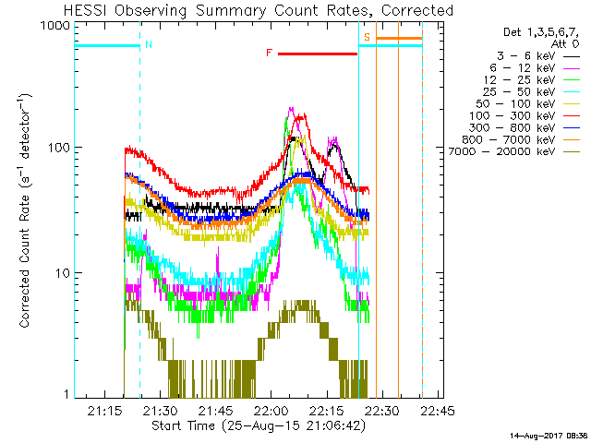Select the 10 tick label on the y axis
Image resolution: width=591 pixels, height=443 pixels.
point(61,273)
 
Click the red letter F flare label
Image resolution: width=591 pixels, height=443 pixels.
point(269,54)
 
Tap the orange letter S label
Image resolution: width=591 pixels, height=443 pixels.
point(367,38)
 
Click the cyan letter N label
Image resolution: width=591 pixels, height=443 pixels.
point(148,44)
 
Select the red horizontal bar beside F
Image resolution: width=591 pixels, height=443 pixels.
point(317,54)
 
